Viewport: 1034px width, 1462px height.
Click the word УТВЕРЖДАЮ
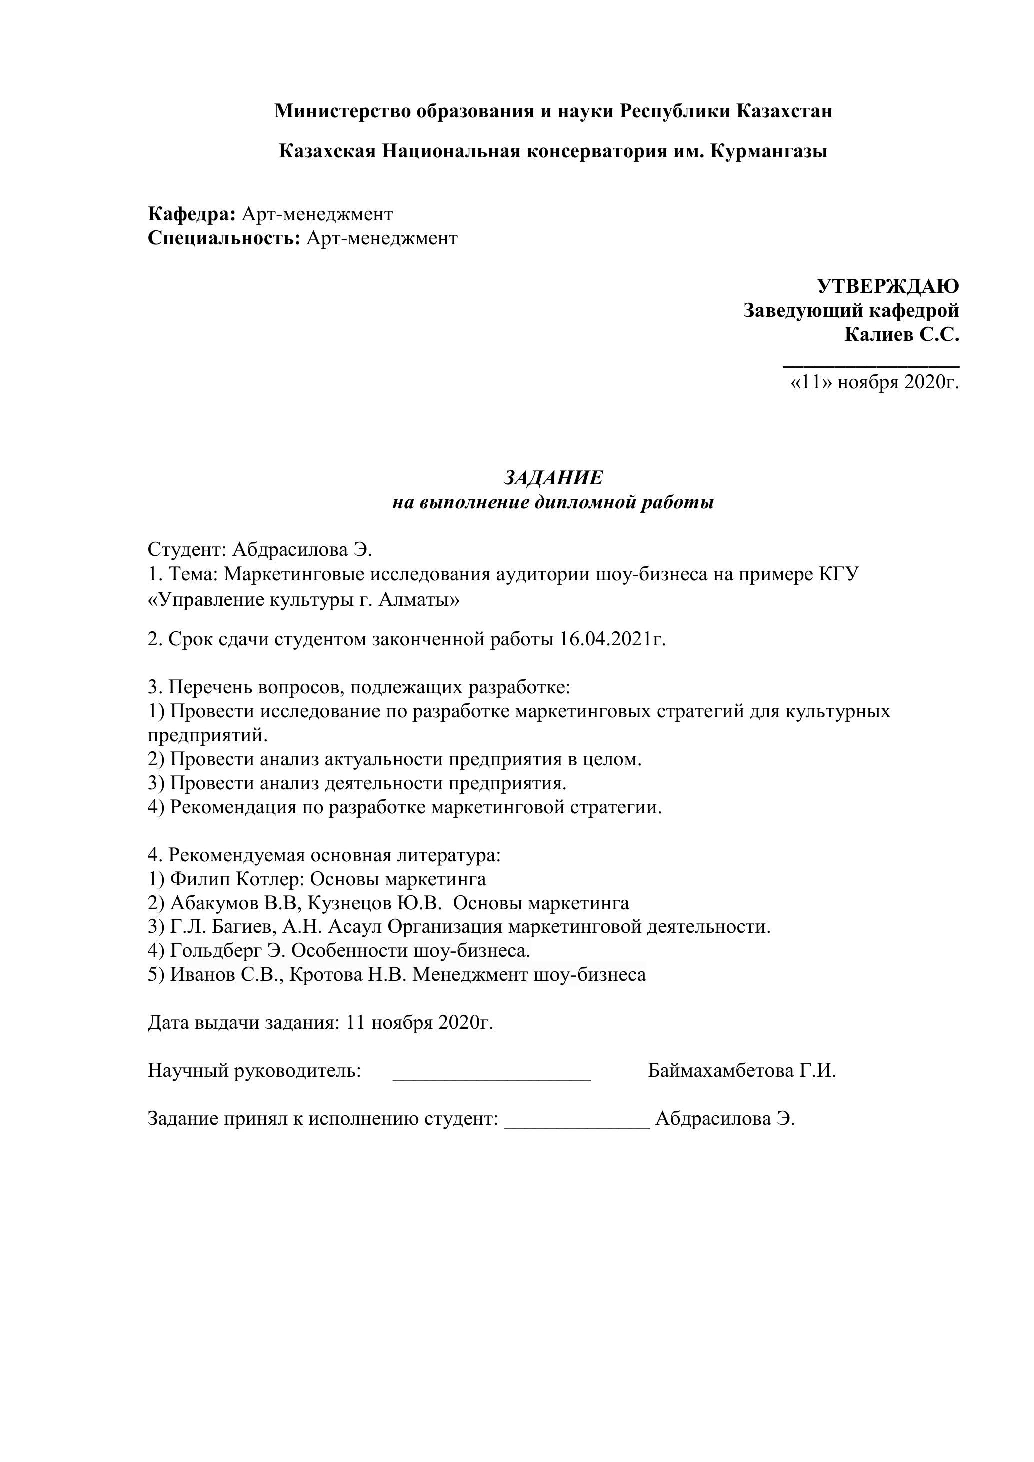click(887, 287)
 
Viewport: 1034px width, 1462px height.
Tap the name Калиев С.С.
click(901, 335)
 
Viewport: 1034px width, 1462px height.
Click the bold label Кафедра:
click(191, 214)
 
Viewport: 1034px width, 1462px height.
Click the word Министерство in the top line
click(342, 112)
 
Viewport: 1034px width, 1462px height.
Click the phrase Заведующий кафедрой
click(851, 311)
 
